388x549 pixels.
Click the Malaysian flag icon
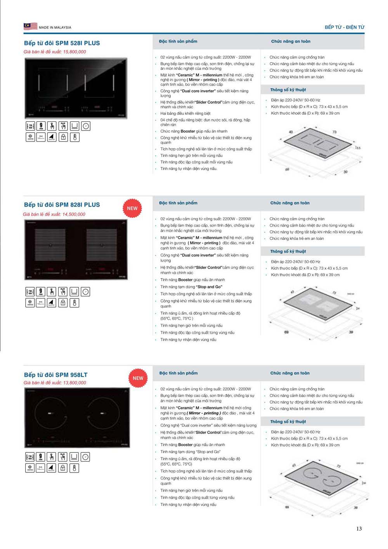click(x=30, y=26)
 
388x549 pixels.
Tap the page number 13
click(x=359, y=528)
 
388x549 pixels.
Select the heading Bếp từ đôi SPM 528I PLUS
click(x=62, y=43)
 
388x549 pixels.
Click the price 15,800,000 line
click(x=55, y=52)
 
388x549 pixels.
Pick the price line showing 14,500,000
click(x=54, y=214)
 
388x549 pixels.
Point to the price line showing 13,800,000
click(x=55, y=383)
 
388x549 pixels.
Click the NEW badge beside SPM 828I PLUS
click(x=132, y=208)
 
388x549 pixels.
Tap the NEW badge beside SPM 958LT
click(x=138, y=378)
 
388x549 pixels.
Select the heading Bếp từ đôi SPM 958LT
click(x=56, y=375)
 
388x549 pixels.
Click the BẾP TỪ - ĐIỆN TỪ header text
click(x=344, y=27)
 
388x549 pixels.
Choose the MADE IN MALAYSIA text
click(x=55, y=28)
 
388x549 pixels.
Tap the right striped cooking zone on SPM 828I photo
click(x=102, y=245)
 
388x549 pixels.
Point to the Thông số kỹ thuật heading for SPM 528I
click(x=288, y=90)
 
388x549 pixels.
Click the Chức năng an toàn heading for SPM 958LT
click(x=290, y=373)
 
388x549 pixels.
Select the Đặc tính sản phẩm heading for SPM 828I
click(x=178, y=203)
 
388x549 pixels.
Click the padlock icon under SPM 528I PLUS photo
click(x=63, y=137)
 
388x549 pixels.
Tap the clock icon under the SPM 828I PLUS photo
click(x=86, y=292)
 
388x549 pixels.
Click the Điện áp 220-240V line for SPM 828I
click(x=295, y=262)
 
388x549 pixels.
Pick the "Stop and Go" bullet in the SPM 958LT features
click(x=190, y=452)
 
